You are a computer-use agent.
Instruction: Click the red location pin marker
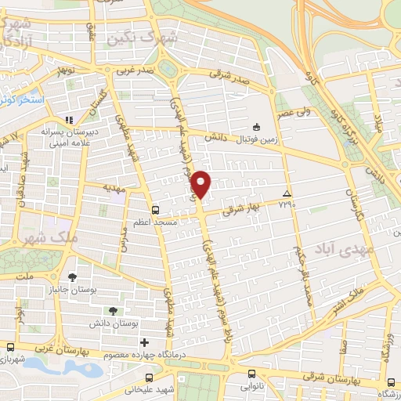tap(202, 183)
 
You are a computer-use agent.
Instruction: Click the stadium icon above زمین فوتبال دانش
tap(255, 127)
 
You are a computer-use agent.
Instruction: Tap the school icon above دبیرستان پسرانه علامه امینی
tap(69, 120)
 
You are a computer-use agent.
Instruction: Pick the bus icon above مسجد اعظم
tap(155, 210)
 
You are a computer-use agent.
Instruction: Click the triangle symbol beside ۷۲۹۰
tap(287, 193)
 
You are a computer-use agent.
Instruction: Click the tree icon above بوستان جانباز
tap(73, 277)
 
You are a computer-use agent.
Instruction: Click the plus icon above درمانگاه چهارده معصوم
tap(143, 342)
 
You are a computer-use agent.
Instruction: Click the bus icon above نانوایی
tap(251, 373)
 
